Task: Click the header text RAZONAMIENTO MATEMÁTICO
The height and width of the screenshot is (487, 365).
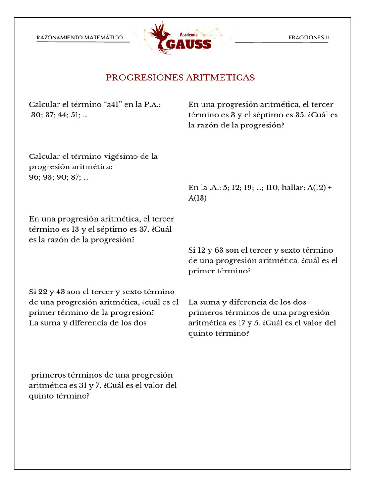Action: pos(79,38)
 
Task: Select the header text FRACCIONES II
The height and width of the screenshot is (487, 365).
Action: pos(308,38)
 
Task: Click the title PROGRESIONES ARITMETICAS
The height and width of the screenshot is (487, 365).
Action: pos(180,78)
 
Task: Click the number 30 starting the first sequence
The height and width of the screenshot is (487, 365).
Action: pos(36,115)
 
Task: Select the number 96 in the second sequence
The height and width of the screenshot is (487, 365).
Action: pos(34,177)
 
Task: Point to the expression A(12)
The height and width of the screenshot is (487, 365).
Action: pos(317,188)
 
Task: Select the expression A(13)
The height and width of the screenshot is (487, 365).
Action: pos(198,198)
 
